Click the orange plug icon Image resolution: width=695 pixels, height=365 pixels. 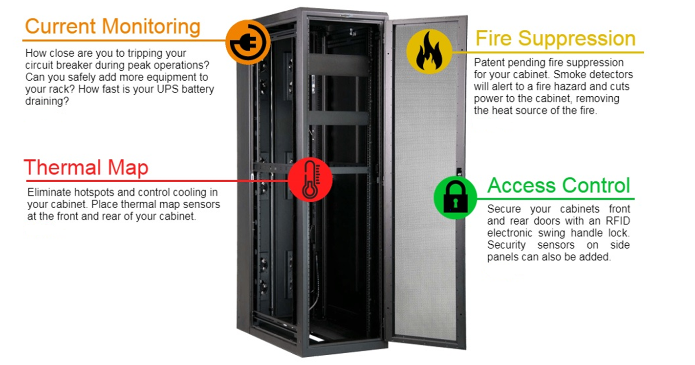pos(248,42)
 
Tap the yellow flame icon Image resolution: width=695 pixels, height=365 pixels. pos(429,51)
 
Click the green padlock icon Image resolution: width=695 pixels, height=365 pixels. pos(455,197)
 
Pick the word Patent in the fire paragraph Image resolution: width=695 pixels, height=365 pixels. pos(490,63)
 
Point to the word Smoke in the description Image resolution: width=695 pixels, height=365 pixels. pos(567,75)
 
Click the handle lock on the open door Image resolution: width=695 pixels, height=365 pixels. pos(459,172)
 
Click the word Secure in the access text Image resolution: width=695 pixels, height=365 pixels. pos(504,209)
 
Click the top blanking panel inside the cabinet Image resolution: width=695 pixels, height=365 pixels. pos(338,65)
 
